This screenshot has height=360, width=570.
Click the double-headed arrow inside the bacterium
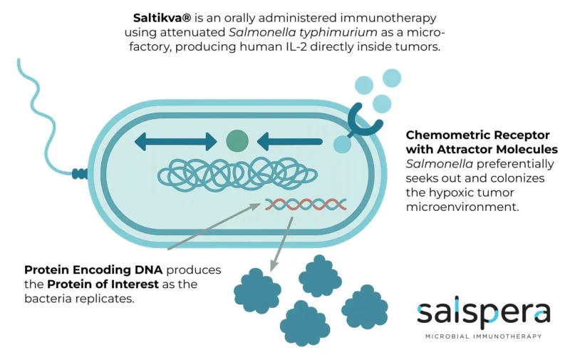[x=175, y=140]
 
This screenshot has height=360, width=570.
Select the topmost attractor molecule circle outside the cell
[x=391, y=77]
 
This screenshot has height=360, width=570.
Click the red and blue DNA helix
[x=306, y=205]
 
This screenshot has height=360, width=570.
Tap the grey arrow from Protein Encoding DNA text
[x=214, y=227]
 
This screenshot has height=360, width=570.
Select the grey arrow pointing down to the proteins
[x=281, y=243]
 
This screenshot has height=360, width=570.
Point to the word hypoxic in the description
[x=441, y=193]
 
